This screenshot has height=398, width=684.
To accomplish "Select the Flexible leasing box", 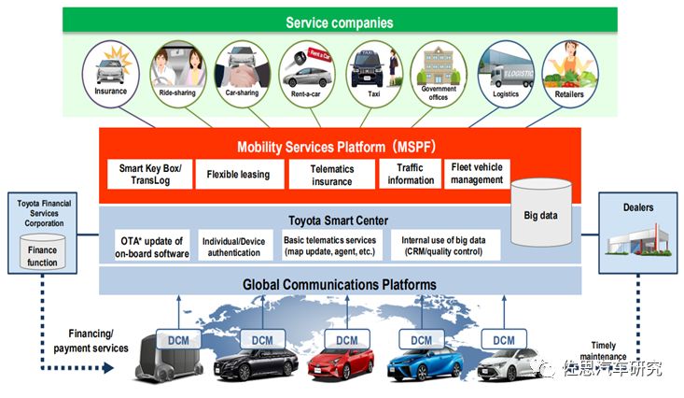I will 237,174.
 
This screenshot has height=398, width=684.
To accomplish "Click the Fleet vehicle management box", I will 476,174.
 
